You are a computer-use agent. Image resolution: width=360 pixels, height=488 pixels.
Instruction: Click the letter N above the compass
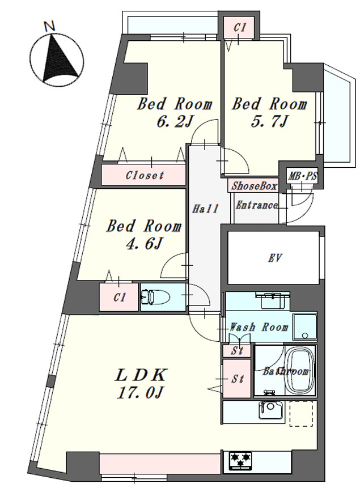(49, 26)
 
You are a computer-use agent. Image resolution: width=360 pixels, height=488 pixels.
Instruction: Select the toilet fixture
(155, 296)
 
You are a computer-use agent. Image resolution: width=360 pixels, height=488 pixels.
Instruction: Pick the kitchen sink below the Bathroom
(270, 410)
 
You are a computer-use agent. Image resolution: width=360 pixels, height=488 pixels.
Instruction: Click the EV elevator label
(274, 258)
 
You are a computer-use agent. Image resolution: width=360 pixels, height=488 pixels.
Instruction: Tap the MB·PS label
(302, 176)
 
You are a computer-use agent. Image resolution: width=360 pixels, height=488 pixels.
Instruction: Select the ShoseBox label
(254, 186)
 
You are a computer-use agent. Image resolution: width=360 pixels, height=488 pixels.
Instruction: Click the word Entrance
(256, 205)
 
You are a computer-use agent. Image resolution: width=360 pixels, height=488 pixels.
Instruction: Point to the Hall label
(205, 209)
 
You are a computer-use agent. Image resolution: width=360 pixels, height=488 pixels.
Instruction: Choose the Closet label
(145, 175)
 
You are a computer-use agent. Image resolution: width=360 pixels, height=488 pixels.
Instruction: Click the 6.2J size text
(174, 122)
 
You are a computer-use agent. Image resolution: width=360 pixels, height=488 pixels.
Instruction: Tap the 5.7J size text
(269, 122)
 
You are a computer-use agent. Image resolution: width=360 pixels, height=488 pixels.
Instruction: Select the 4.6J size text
(143, 244)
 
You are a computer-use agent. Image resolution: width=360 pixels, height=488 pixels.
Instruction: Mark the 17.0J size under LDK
(140, 393)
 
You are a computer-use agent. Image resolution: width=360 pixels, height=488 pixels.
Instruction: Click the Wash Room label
(259, 327)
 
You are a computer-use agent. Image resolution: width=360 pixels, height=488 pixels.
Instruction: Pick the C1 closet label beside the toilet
(119, 298)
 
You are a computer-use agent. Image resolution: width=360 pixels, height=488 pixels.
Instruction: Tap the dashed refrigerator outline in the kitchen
(301, 413)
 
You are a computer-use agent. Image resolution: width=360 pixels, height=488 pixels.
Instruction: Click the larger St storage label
(238, 379)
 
